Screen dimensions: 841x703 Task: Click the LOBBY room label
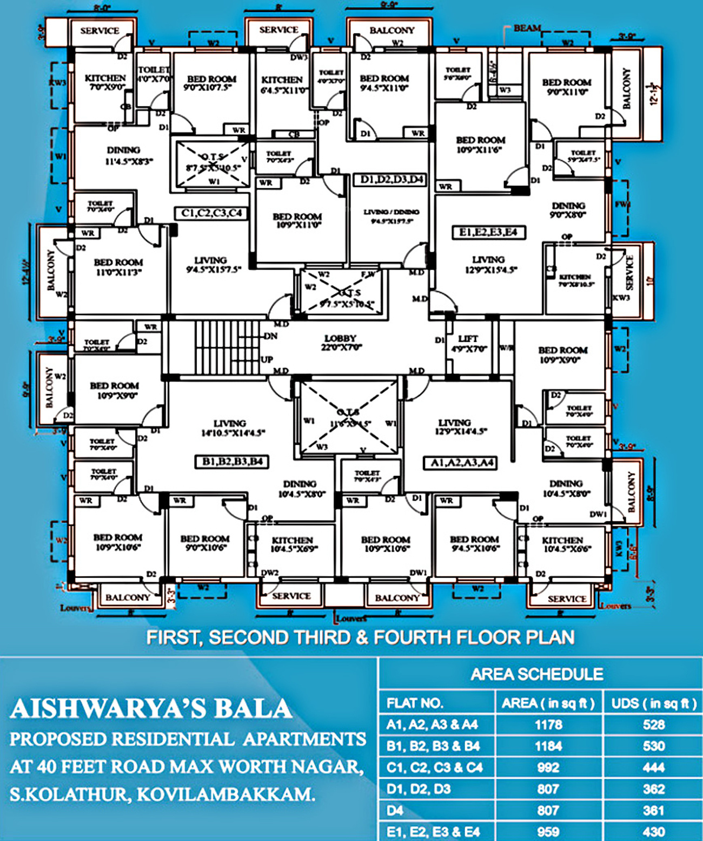(340, 338)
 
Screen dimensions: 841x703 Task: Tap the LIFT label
(468, 339)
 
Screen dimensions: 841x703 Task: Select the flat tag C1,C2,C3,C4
(211, 213)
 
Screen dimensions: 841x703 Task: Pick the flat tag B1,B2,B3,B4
(232, 462)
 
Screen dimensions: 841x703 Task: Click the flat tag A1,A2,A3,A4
(462, 463)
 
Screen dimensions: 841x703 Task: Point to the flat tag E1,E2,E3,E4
(488, 232)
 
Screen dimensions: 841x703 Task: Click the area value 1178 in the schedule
(548, 725)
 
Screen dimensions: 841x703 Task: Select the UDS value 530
(654, 746)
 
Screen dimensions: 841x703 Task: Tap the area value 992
(548, 767)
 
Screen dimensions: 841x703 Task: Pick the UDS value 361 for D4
(654, 810)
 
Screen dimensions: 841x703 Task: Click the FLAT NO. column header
(415, 703)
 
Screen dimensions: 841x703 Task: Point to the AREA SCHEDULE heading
(537, 674)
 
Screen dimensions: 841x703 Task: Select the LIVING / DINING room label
(391, 212)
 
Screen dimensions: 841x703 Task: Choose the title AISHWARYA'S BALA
(151, 709)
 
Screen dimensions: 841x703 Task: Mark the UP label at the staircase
(267, 359)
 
